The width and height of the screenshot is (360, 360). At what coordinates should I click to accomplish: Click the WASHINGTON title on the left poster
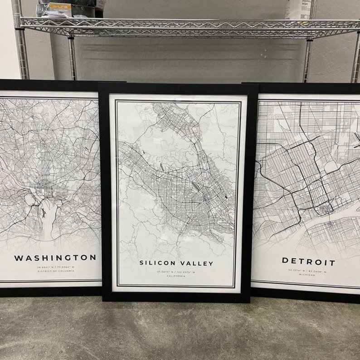[55, 258]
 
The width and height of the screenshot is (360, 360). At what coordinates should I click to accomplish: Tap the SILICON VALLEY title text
[176, 263]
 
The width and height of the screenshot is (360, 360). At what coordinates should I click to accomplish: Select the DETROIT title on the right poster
[308, 262]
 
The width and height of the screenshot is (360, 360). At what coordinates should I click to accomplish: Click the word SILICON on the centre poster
[156, 263]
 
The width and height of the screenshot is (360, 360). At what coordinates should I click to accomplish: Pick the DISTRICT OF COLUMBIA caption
[55, 271]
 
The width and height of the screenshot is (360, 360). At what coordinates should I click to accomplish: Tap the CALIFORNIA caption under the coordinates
[176, 276]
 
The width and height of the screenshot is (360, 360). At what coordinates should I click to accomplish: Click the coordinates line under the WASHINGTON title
[55, 267]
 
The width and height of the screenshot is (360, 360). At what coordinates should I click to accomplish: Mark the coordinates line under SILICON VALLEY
[176, 272]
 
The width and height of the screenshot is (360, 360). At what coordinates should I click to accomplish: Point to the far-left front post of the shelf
[21, 45]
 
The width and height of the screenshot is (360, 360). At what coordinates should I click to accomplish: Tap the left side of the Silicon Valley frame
[105, 190]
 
